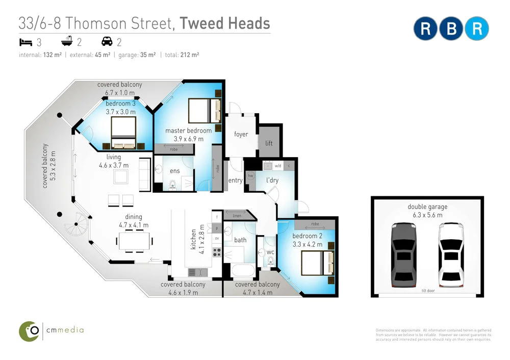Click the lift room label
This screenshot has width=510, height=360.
pyautogui.click(x=269, y=143)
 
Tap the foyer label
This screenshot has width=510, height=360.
pyautogui.click(x=241, y=135)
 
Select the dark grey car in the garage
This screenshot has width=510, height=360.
pyautogui.click(x=403, y=254)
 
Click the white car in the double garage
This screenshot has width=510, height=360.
pyautogui.click(x=451, y=254)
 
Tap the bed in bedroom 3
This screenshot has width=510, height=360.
pyautogui.click(x=123, y=133)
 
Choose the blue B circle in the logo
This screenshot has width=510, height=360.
pyautogui.click(x=451, y=29)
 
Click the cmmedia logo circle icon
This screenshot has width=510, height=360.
pyautogui.click(x=30, y=331)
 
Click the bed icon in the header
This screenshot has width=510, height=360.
pyautogui.click(x=25, y=42)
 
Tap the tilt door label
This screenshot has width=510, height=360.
pyautogui.click(x=427, y=292)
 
